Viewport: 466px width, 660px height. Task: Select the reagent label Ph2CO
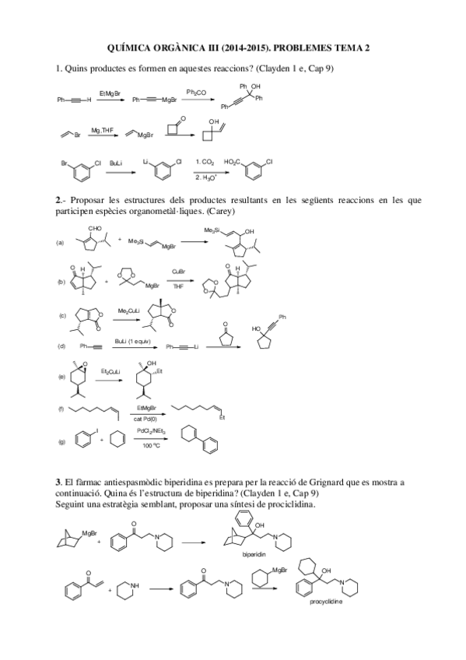pyautogui.click(x=195, y=92)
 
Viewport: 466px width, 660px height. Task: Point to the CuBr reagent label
pyautogui.click(x=178, y=272)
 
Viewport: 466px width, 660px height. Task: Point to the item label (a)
pyautogui.click(x=60, y=243)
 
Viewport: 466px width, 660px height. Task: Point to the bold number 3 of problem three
pyautogui.click(x=58, y=482)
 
